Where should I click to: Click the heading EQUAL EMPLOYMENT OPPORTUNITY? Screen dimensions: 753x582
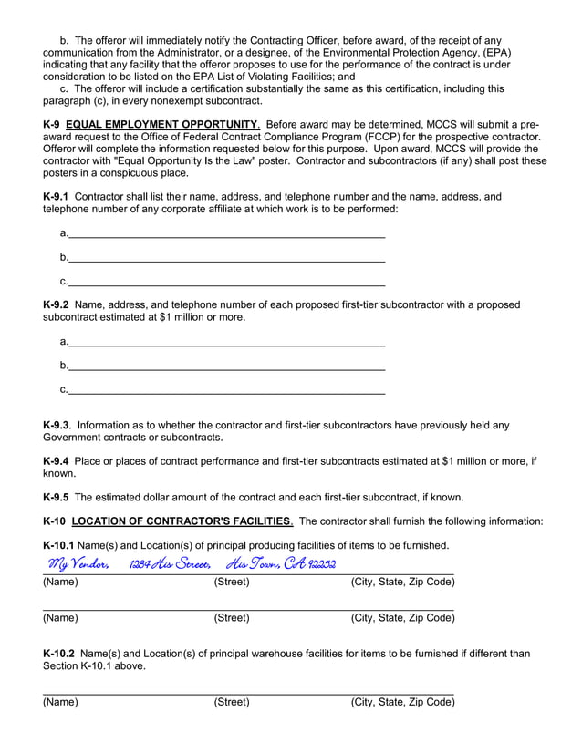coord(162,124)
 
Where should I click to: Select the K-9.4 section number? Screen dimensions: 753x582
coord(56,461)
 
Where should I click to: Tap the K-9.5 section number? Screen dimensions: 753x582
coord(56,498)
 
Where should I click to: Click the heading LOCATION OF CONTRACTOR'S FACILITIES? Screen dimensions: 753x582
coord(182,521)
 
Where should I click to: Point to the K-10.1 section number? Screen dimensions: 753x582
coord(59,545)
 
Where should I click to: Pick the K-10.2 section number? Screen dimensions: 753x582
coord(59,654)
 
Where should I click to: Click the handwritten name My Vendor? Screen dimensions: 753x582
coord(79,565)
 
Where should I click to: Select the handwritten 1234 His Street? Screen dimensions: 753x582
coord(170,565)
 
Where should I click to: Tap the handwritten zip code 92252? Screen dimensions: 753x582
coord(322,565)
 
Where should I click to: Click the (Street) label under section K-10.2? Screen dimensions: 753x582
coord(232,702)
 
